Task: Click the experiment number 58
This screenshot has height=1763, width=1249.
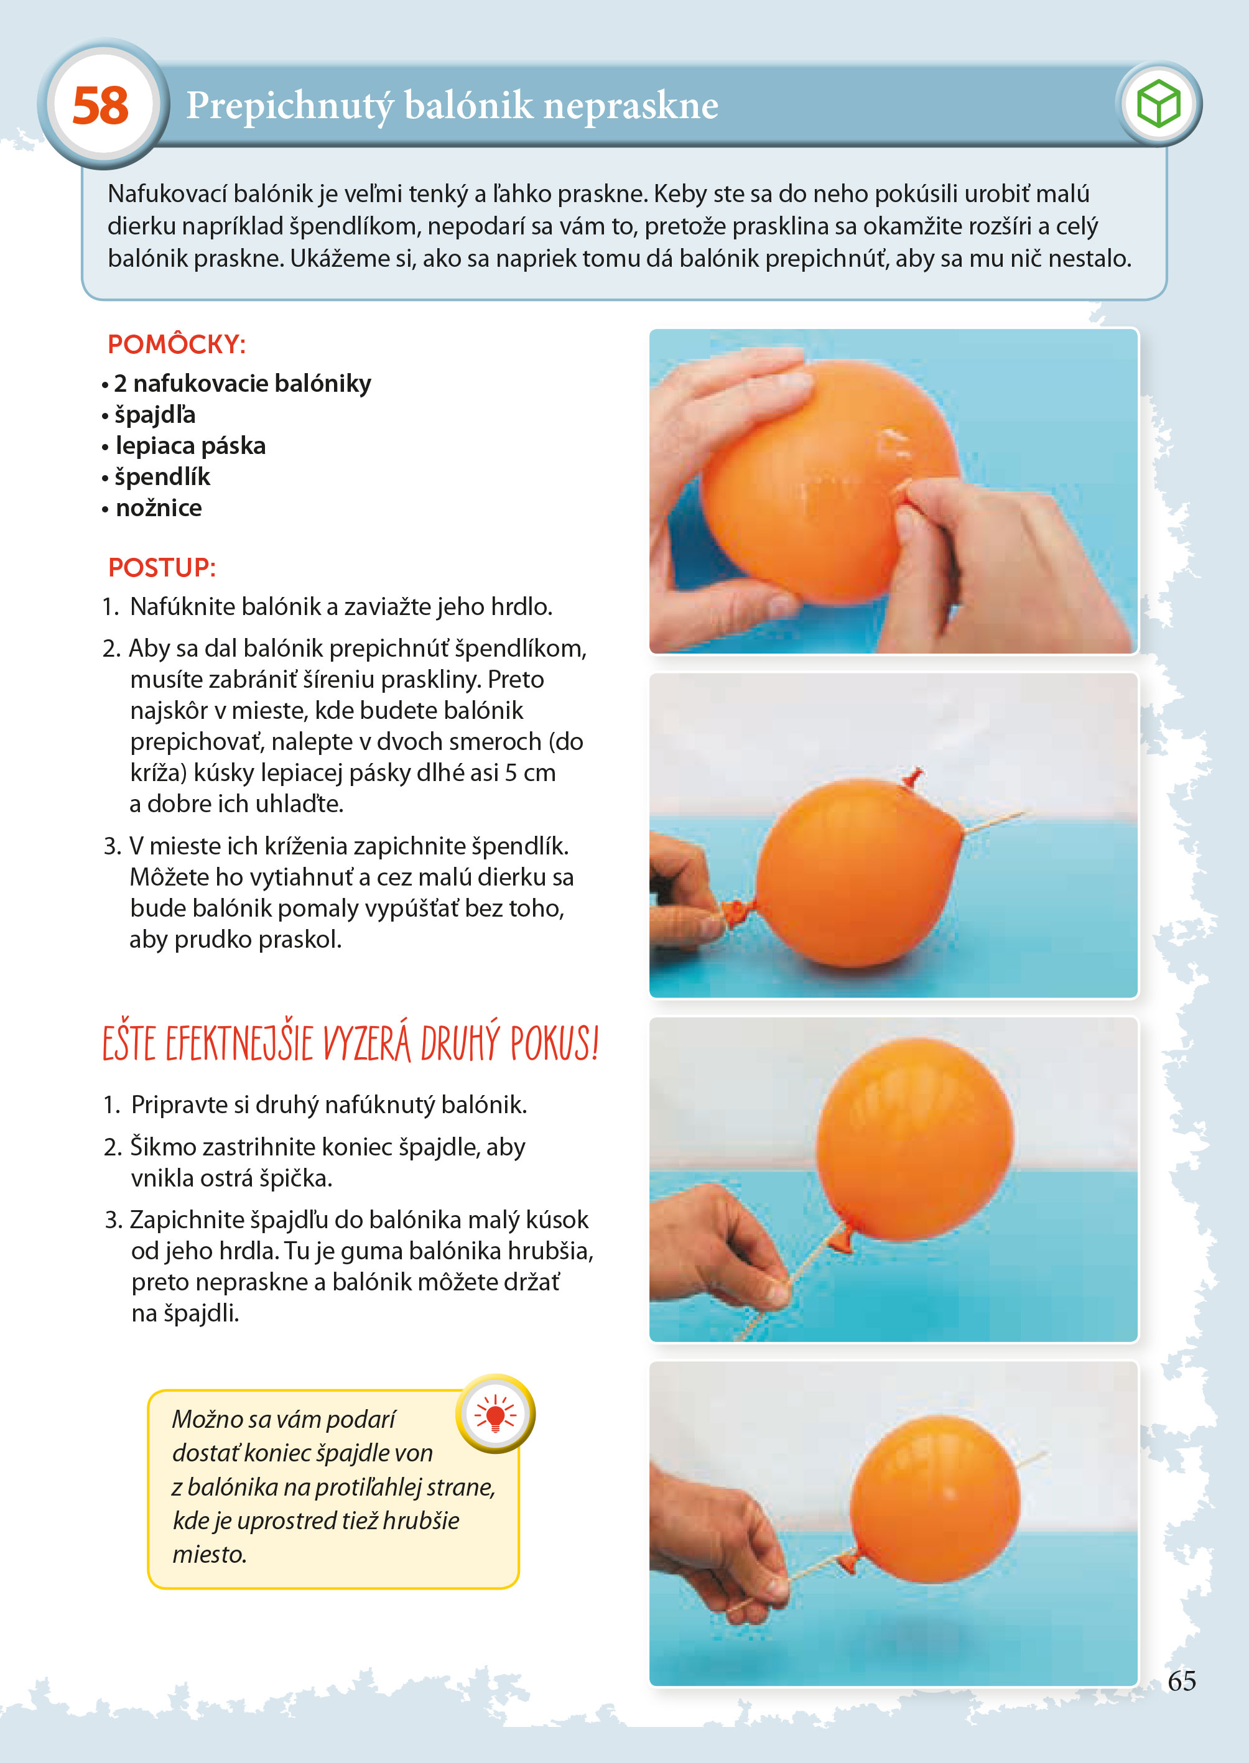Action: [x=101, y=105]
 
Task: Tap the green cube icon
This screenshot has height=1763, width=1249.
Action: [x=1158, y=104]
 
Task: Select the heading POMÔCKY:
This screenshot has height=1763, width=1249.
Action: [x=176, y=345]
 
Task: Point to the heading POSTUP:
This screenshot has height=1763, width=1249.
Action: [x=162, y=567]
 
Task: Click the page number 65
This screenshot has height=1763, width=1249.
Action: [x=1181, y=1681]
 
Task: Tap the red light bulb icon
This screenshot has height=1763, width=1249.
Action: [x=495, y=1413]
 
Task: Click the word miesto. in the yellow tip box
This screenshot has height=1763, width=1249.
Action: [x=209, y=1554]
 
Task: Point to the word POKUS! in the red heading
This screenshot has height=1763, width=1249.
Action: [x=554, y=1044]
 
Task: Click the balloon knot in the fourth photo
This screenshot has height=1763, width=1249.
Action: [x=848, y=1562]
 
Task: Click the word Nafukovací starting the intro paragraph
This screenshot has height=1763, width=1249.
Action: [x=168, y=194]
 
